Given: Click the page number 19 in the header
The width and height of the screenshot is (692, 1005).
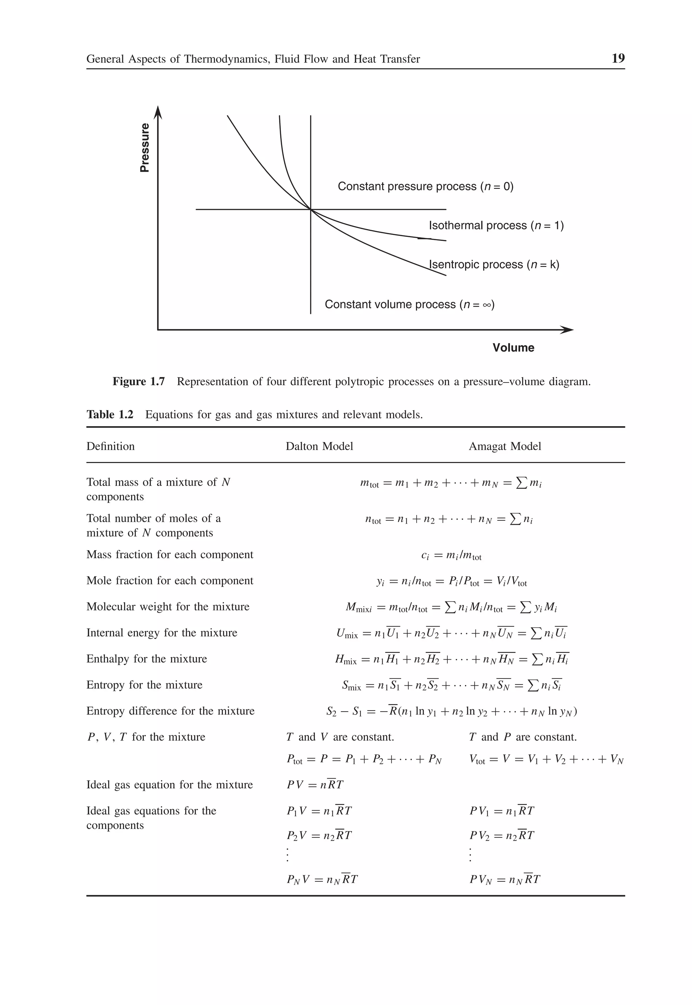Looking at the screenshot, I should pos(617,58).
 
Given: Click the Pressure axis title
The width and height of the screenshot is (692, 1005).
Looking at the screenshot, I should pos(145,148).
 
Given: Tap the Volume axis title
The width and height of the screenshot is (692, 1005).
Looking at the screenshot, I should pos(513,348).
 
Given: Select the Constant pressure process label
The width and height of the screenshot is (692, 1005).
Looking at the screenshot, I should pos(425,187).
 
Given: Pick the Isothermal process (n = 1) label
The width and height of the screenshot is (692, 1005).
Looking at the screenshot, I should pos(496,225).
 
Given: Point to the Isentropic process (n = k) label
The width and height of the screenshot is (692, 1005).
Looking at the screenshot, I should pos(494,265).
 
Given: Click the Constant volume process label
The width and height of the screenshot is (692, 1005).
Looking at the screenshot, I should pos(409,304).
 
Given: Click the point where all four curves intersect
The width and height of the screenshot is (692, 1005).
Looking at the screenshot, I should pos(311,210).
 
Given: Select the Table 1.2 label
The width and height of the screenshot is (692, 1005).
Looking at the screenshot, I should pos(110,415).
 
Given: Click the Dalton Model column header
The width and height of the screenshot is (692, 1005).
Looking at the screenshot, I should pos(319,446).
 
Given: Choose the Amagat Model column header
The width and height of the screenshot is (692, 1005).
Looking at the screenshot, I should pos(505,446).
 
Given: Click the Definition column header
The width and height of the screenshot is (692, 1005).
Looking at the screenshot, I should pos(110,446).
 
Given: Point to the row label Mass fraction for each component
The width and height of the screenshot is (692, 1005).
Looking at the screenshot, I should pos(170,555).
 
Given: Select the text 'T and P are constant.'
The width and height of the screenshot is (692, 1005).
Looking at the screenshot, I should pos(522,737).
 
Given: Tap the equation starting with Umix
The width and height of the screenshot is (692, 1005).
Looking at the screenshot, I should pos(451,633).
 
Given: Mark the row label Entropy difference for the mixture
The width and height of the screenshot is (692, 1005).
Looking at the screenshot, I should pos(170,711).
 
